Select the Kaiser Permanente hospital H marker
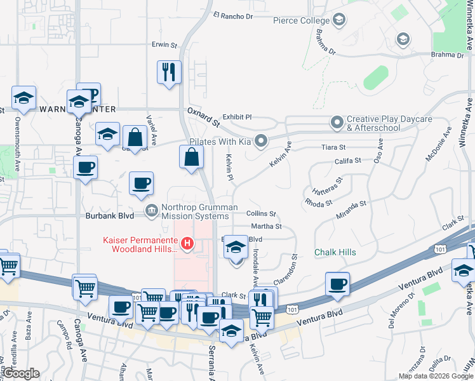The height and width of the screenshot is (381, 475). (187, 243)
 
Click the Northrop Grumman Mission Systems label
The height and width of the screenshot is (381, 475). (199, 211)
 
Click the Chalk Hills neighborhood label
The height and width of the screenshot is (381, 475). (335, 253)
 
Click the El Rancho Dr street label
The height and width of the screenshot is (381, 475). (233, 15)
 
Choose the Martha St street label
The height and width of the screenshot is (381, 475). (267, 227)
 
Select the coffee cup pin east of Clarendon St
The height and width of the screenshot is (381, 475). (337, 284)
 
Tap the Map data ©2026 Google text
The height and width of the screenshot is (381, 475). (436, 376)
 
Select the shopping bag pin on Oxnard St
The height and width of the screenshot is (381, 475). (191, 157)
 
